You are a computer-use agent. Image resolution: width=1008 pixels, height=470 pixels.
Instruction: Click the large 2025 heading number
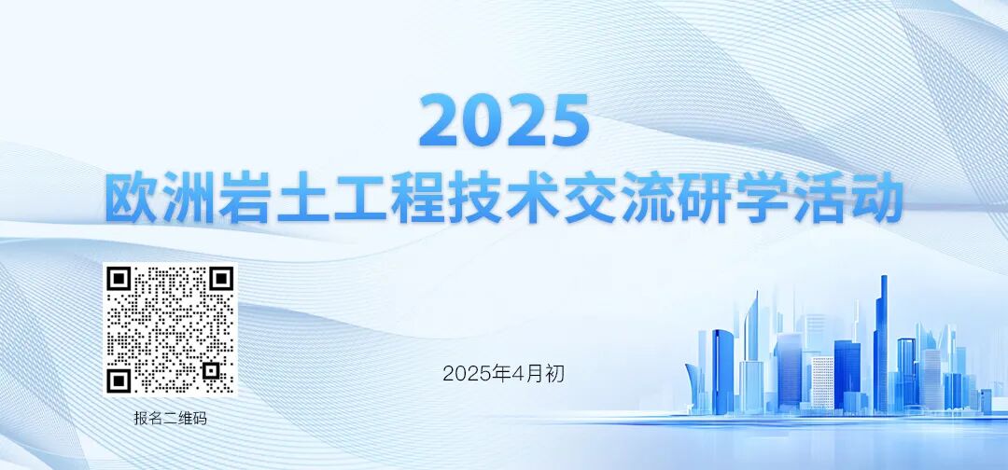pyautogui.click(x=504, y=122)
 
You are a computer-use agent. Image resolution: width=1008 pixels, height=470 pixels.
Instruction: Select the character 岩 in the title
pyautogui.click(x=246, y=197)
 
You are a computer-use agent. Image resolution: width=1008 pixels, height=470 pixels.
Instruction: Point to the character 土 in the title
pyautogui.click(x=304, y=197)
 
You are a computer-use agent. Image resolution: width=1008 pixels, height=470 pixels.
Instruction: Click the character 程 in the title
pyautogui.click(x=418, y=197)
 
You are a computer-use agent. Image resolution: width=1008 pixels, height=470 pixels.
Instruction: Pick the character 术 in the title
pyautogui.click(x=532, y=197)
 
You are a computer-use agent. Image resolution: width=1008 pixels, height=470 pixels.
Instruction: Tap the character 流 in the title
pyautogui.click(x=647, y=197)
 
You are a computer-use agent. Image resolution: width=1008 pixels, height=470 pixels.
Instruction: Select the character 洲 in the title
pyautogui.click(x=189, y=197)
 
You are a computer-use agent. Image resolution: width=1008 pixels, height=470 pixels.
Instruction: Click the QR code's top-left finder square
pyautogui.click(x=119, y=279)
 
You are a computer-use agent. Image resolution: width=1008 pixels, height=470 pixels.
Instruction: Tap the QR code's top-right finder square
pyautogui.click(x=220, y=279)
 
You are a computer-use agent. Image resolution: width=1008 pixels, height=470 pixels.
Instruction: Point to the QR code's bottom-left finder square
pyautogui.click(x=119, y=380)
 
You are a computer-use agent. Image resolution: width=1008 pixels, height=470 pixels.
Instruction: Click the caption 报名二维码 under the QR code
pyautogui.click(x=170, y=419)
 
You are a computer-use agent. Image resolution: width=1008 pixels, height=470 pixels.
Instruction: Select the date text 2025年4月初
pyautogui.click(x=503, y=374)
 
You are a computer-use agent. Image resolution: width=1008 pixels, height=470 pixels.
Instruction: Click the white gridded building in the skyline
pyautogui.click(x=822, y=382)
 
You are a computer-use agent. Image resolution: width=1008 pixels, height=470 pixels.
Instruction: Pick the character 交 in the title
pyautogui.click(x=590, y=197)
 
